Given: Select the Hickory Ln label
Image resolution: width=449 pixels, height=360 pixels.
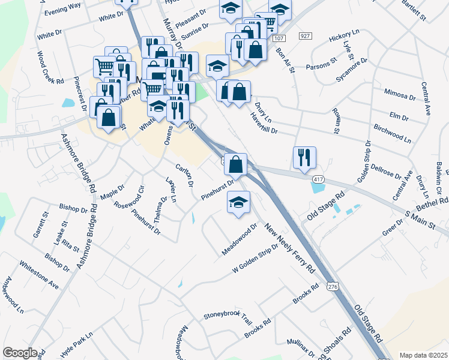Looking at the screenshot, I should click(x=343, y=38).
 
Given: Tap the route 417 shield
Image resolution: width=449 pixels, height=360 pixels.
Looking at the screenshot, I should click(x=318, y=179).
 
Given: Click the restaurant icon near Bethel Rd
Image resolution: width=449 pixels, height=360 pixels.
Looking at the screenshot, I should click(x=304, y=157).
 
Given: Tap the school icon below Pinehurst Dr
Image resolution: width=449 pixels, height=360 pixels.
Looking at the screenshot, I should click(x=238, y=202).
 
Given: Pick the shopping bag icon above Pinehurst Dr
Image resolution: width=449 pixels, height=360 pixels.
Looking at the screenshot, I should click(x=237, y=164).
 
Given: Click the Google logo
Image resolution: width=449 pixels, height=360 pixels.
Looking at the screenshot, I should click(x=20, y=353).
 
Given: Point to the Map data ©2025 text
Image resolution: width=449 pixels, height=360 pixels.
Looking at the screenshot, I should click(x=423, y=355).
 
